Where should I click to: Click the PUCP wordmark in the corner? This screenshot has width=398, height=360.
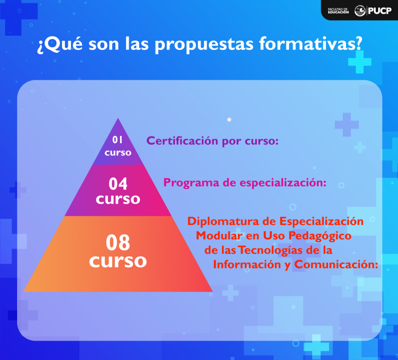coord(380,10)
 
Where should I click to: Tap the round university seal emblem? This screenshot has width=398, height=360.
coord(360,10)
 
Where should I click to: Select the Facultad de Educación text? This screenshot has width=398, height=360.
coord(338,10)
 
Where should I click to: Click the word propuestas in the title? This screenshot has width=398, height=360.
coord(204,45)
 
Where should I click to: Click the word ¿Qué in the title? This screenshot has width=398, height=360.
coord(60,44)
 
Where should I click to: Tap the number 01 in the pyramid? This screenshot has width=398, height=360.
coord(117,139)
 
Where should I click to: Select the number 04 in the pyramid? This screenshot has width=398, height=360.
coord(118,184)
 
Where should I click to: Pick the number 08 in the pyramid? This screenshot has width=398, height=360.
coord(118,243)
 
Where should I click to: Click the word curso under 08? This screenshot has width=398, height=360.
coord(118,261)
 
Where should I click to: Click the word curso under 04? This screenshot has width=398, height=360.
coord(118,199)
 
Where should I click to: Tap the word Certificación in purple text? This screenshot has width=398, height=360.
coord(182,141)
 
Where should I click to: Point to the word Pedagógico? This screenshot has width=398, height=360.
coord(320,236)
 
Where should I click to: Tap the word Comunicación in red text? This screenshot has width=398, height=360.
coord(336,264)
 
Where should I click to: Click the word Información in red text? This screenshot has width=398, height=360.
coord(247,264)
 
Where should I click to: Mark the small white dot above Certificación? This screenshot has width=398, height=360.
coord(229,120)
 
